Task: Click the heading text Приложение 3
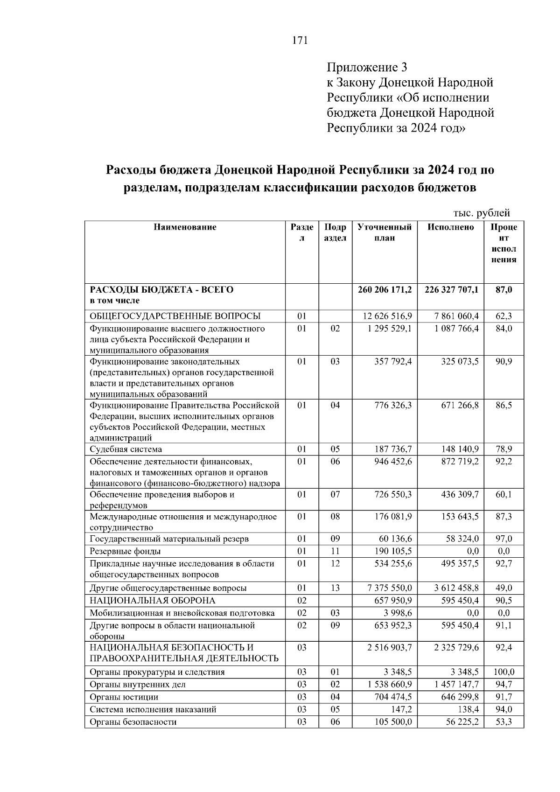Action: [x=367, y=68]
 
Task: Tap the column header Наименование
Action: [x=185, y=227]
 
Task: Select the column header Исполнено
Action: [x=450, y=227]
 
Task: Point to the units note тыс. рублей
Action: [x=482, y=213]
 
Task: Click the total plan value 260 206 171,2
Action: [x=385, y=290]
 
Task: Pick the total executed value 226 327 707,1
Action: [x=451, y=290]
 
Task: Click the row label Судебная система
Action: [x=126, y=449]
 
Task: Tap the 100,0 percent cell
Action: [x=504, y=672]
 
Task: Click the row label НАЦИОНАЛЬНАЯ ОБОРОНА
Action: [x=153, y=601]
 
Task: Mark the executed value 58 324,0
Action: [x=462, y=539]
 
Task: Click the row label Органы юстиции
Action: [x=124, y=697]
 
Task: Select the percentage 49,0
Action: [x=504, y=588]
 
